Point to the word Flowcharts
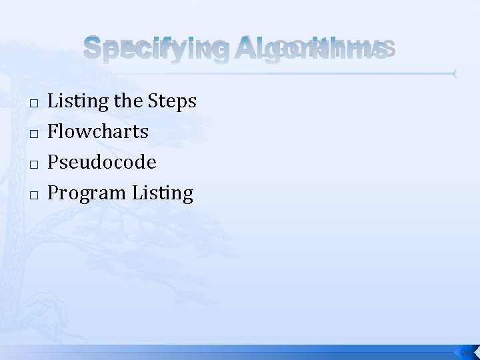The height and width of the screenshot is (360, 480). [x=99, y=131]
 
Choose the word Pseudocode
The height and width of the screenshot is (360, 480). [x=103, y=162]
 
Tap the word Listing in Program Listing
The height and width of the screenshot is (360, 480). [x=162, y=194]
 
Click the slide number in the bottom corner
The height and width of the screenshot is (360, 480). [x=465, y=352]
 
